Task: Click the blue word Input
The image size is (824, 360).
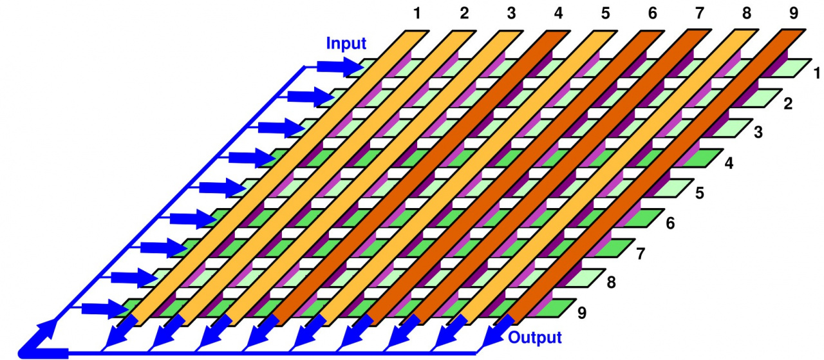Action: [x=346, y=44]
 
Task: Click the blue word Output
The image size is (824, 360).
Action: [x=535, y=337]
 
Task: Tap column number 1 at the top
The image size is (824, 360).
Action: [x=417, y=12]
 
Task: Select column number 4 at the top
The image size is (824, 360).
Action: [x=557, y=12]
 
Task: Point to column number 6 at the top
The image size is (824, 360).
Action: [x=652, y=12]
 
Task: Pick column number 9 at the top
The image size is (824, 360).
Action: [x=793, y=12]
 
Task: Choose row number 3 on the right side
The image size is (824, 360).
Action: [x=758, y=133]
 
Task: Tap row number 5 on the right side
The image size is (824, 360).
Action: [x=700, y=193]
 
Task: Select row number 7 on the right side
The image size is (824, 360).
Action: [x=641, y=253]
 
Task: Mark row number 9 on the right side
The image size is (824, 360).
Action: [x=582, y=314]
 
